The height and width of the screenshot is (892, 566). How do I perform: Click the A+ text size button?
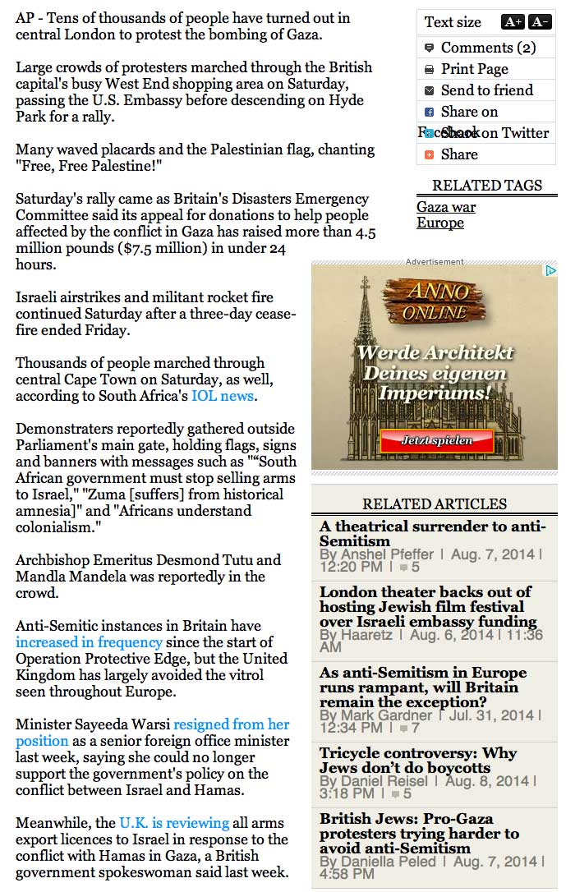513,22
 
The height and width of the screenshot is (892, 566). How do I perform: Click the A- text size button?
540,22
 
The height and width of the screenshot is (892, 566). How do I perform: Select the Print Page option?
474,69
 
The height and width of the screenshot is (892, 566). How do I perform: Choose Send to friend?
486,90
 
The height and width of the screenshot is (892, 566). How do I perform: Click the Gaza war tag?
446,207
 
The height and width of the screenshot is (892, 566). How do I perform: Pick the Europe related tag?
440,223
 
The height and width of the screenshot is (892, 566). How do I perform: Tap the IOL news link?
223,396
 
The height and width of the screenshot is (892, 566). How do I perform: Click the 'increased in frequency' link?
89,642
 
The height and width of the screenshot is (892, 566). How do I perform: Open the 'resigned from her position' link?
231,724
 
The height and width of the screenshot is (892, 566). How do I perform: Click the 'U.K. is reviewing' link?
174,823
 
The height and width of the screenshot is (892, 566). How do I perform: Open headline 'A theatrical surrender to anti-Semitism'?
432,534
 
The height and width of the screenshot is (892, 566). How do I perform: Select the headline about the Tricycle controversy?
418,761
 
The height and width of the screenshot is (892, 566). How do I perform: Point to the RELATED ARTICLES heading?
435,504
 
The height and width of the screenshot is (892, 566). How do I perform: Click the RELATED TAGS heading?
487,186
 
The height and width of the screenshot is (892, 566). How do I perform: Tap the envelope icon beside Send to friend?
429,90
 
